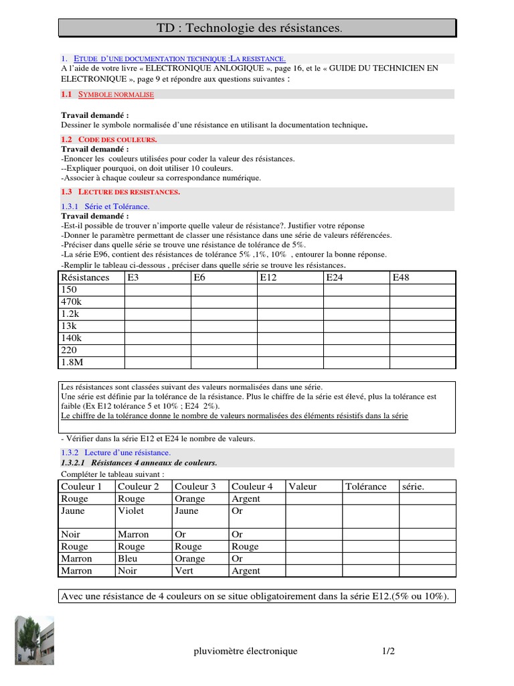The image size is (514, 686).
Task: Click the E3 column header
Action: tap(134, 277)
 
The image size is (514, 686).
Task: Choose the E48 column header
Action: tap(401, 277)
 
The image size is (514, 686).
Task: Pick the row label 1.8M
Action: tap(72, 362)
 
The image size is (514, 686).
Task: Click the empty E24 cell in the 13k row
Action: tap(356, 326)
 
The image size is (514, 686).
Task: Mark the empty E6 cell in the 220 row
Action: tap(224, 350)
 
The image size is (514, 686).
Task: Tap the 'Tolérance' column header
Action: tap(365, 486)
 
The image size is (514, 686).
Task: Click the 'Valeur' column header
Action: tap(303, 486)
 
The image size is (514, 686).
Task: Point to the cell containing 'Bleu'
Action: tap(127, 559)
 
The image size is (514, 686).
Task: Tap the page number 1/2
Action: tap(388, 651)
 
